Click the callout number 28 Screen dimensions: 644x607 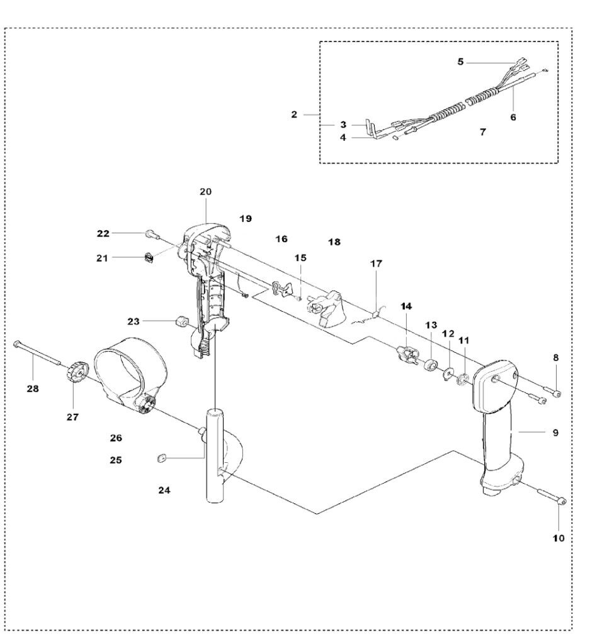click(32, 389)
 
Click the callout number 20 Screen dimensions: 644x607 click(207, 191)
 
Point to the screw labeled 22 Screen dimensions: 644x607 click(150, 234)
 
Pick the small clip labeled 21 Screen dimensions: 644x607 click(149, 257)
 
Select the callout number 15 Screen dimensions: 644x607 click(300, 258)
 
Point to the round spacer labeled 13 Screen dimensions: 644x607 click(431, 365)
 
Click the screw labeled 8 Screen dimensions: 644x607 click(555, 394)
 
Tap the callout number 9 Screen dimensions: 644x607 click(555, 433)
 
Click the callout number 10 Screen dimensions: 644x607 click(559, 538)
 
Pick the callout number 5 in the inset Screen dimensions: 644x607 click(460, 62)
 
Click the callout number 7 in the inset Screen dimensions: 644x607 click(482, 133)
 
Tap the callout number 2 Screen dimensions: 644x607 click(293, 115)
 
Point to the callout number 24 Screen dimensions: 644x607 click(164, 489)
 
